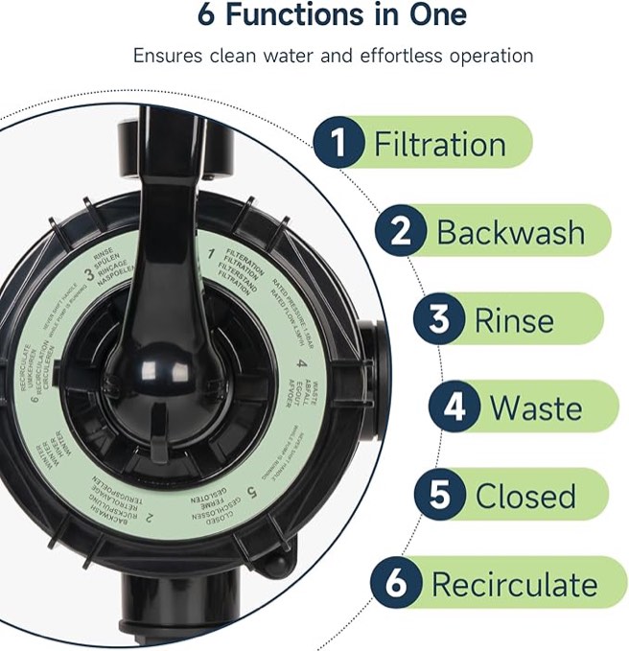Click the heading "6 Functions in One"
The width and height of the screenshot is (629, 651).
pos(332,15)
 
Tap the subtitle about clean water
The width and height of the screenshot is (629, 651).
pos(333,55)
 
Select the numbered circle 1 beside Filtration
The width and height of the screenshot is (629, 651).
pos(338,144)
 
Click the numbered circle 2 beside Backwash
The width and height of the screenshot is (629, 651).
pos(401,231)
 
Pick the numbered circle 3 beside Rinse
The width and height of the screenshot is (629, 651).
pos(439,319)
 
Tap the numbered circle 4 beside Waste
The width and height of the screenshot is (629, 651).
pos(454,407)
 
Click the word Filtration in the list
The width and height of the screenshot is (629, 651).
pos(439,145)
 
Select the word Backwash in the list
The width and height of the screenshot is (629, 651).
pos(510,232)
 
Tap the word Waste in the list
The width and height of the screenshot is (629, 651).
pos(536,407)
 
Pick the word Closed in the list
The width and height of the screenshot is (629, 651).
pos(525,496)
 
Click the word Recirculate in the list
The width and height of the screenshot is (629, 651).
pos(514,584)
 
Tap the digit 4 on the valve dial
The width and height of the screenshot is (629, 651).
pos(301,365)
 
